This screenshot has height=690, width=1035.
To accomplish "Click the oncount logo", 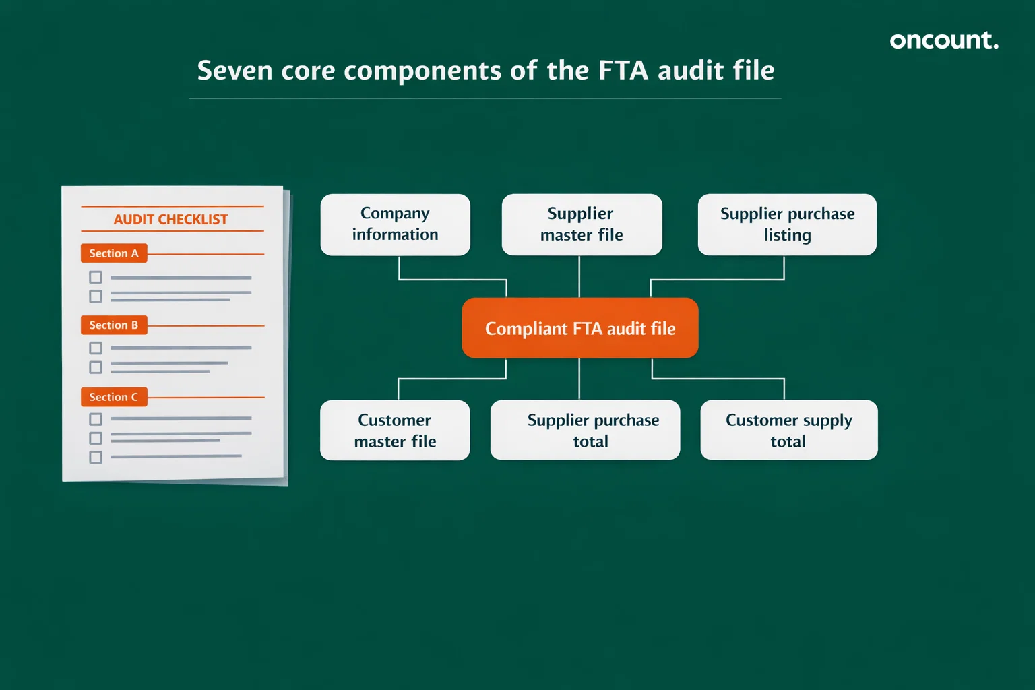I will tap(943, 40).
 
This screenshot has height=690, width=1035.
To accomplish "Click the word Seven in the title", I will tap(235, 71).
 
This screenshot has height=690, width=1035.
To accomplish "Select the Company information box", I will tap(395, 224).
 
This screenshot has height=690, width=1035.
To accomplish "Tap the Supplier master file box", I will tap(582, 224).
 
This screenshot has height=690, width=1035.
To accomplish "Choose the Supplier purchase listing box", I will tap(787, 224).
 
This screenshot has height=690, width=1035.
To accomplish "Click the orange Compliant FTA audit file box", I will tap(579, 328).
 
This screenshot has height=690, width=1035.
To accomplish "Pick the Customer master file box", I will tap(395, 431).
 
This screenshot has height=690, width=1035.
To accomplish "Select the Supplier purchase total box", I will tap(585, 431).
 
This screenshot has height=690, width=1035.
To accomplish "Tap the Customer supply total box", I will tap(788, 431).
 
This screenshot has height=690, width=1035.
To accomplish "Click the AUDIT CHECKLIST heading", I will tap(170, 220).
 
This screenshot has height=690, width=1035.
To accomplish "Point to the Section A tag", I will tap(114, 253).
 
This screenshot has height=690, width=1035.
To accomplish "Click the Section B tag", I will tap(114, 325).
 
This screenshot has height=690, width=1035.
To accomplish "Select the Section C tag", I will tap(114, 397).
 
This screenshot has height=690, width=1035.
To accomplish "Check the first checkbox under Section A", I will tap(96, 277).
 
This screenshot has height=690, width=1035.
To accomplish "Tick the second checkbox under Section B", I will tap(96, 367).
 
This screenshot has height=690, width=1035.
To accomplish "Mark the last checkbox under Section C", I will tap(96, 458).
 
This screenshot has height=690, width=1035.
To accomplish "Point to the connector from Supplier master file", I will tap(579, 276).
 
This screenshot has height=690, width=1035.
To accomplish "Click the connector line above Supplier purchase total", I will tap(579, 379).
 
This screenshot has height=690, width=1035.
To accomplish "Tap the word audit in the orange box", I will tap(626, 329).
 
